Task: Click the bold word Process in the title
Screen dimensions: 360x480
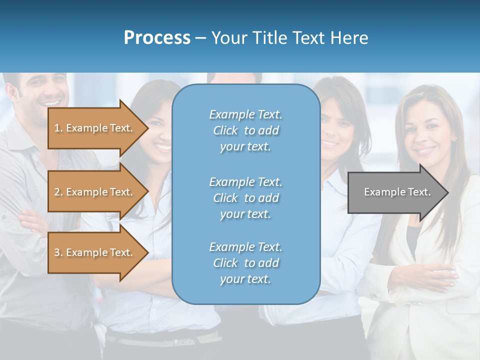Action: [x=157, y=38]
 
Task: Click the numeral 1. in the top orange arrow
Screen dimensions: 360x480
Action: [x=58, y=128]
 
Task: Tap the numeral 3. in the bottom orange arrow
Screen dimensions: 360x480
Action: [x=58, y=252]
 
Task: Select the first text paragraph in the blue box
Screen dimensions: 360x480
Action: [x=245, y=130]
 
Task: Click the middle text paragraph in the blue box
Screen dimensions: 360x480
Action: [x=245, y=198]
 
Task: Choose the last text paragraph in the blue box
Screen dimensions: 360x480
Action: [x=245, y=263]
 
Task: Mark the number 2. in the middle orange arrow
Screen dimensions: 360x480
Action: [x=58, y=192]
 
